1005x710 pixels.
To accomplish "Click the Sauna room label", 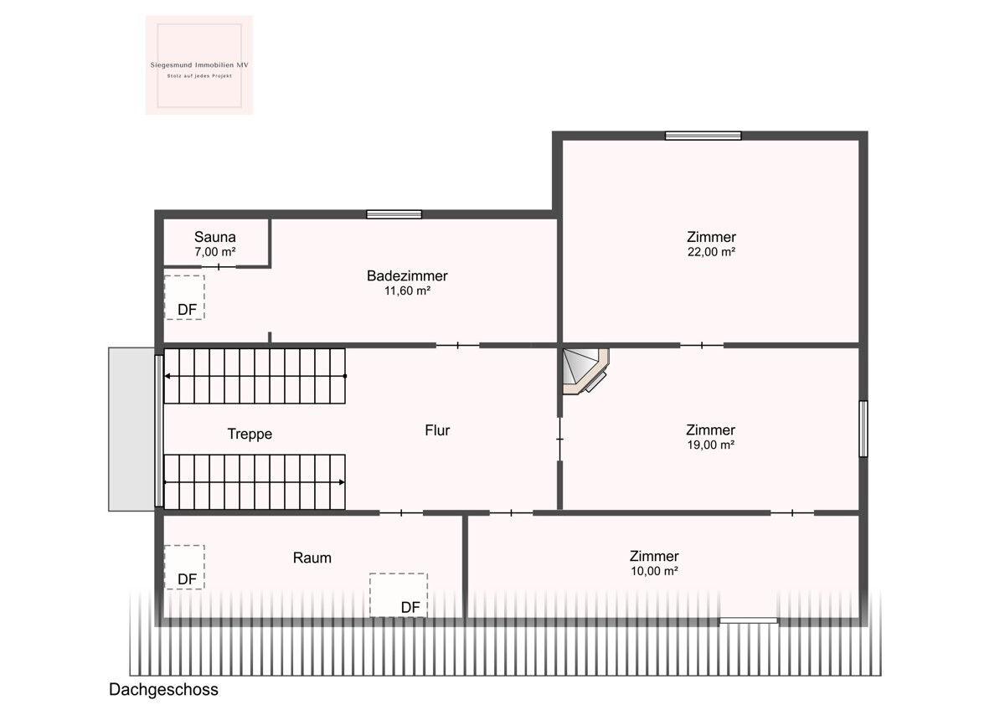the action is click(x=215, y=237).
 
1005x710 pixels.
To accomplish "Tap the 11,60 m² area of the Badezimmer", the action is click(x=407, y=291).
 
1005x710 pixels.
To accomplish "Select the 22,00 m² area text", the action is click(x=711, y=252).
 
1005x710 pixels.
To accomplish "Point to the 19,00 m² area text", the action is click(x=711, y=445).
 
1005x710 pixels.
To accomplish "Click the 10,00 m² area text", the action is click(x=654, y=571).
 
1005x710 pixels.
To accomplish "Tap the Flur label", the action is click(x=437, y=430).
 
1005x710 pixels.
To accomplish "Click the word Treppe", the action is click(x=250, y=435).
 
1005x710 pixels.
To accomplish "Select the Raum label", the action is click(x=312, y=558).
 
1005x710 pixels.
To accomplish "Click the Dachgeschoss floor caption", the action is click(x=163, y=689).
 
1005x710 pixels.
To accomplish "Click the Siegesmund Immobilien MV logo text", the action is click(x=199, y=65).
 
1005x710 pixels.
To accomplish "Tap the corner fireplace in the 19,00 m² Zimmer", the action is click(x=585, y=370).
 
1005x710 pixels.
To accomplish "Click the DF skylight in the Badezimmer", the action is click(x=184, y=297).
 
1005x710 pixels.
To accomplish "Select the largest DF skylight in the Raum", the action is click(x=399, y=595).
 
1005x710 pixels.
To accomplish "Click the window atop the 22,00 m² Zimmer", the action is click(x=703, y=136).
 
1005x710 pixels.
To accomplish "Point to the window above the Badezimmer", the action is click(x=394, y=214).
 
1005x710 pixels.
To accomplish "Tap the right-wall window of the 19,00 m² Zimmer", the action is click(x=863, y=429).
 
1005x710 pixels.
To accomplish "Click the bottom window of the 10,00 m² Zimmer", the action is click(x=749, y=620).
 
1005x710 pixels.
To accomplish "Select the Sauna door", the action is click(x=219, y=267).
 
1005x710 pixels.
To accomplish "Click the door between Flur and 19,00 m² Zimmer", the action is click(x=560, y=439).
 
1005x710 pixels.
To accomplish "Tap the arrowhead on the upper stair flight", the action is click(x=167, y=376).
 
